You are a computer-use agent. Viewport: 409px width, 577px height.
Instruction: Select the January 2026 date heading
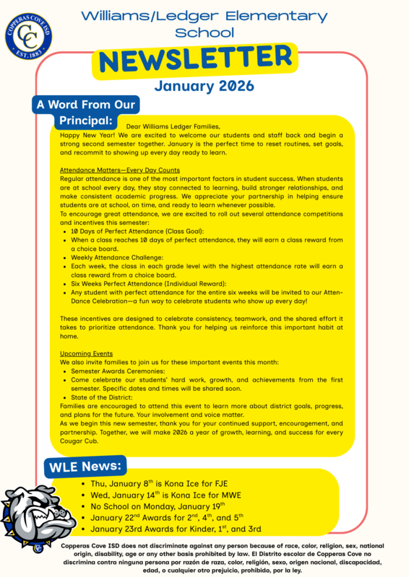click(204, 86)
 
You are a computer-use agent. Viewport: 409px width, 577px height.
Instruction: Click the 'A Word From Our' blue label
click(86, 105)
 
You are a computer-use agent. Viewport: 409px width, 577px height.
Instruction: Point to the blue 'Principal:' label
click(85, 120)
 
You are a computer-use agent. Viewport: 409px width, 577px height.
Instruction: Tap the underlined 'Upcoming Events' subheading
click(86, 354)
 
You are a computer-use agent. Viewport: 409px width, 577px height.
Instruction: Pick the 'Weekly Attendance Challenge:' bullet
click(117, 257)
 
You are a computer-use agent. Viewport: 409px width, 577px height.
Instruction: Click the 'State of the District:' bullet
click(102, 397)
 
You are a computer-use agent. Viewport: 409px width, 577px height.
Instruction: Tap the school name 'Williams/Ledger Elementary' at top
click(204, 16)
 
